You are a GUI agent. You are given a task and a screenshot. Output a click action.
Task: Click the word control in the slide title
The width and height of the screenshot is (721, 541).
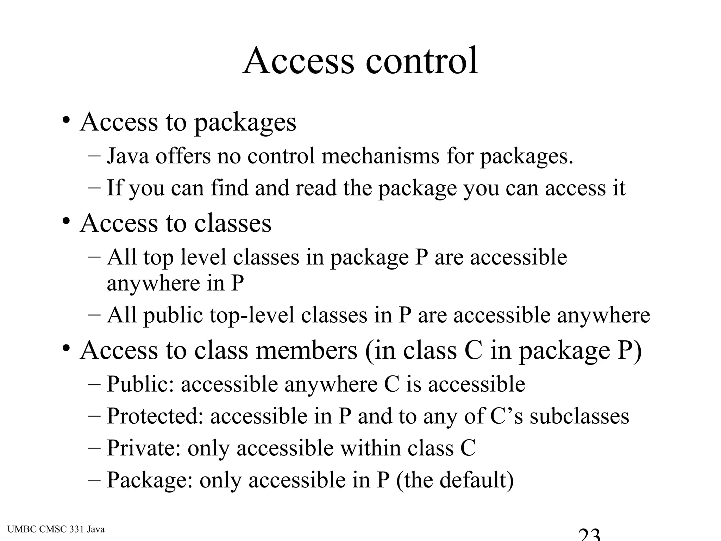pos(421,61)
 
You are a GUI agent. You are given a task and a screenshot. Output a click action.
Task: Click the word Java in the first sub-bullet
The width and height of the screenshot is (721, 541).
pos(128,156)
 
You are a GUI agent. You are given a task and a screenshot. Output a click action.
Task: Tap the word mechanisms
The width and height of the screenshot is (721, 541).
pos(380,156)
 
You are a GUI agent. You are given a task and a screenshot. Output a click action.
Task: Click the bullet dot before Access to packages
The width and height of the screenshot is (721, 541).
pos(65,121)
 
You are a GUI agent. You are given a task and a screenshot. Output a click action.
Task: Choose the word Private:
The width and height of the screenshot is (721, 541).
pos(144,448)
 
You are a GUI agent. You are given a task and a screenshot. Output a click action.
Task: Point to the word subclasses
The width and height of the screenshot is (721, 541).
pos(579,416)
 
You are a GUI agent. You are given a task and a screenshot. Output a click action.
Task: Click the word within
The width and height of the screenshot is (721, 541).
pos(371,448)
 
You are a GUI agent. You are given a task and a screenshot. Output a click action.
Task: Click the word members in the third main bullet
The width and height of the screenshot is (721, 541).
pos(306,350)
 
